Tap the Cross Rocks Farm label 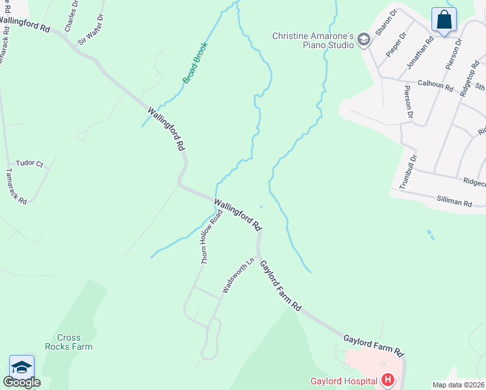[75, 342]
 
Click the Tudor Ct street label [29, 164]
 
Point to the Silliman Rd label [454, 203]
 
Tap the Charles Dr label [71, 16]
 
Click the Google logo [21, 382]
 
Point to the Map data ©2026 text [459, 385]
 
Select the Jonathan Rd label [419, 53]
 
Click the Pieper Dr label [396, 43]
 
